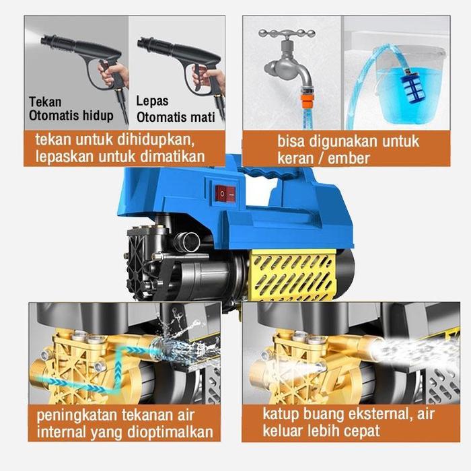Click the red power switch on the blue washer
coord(225,194)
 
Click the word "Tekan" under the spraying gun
coord(45,102)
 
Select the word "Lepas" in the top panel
coord(153,102)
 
